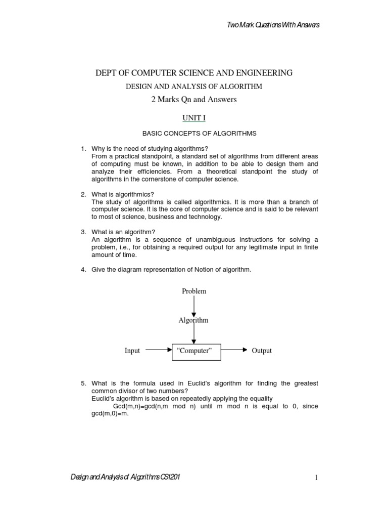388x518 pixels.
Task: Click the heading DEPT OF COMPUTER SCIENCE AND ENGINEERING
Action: (x=194, y=73)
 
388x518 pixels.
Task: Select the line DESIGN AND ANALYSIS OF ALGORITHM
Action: (x=194, y=87)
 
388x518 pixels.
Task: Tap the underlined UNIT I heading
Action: (x=194, y=118)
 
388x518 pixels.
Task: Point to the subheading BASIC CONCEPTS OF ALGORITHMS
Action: (x=199, y=134)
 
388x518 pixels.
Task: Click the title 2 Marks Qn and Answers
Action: (x=194, y=100)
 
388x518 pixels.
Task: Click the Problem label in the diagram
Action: (x=194, y=291)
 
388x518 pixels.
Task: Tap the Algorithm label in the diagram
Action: (x=193, y=320)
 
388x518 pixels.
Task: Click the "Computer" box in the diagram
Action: (x=197, y=351)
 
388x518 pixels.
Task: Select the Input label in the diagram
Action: (x=132, y=351)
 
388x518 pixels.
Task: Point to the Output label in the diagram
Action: (x=262, y=351)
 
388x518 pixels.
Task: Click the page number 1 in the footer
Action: (x=316, y=479)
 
